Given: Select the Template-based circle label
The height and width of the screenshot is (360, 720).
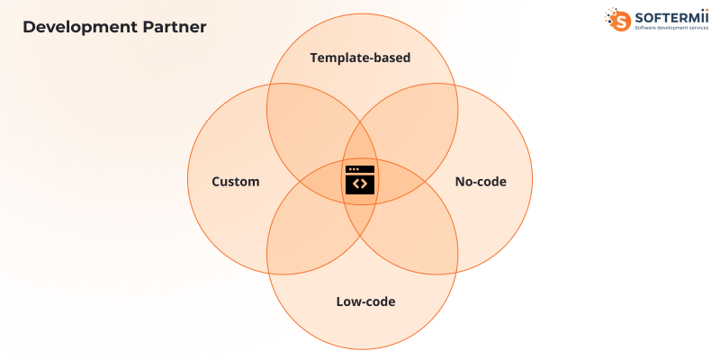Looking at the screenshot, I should click(360, 58).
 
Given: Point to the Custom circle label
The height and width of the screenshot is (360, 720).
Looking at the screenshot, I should click(235, 182).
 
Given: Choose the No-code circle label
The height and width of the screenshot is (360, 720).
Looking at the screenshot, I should click(481, 182).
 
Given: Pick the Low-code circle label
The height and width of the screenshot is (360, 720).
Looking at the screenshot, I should click(365, 301).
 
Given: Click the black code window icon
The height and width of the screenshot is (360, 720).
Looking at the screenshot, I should click(360, 180).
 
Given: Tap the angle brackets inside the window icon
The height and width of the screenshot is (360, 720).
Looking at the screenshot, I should click(360, 184).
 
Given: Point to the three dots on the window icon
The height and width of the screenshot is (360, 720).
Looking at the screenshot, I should click(353, 169).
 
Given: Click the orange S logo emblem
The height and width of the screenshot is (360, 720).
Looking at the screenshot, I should click(619, 20).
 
